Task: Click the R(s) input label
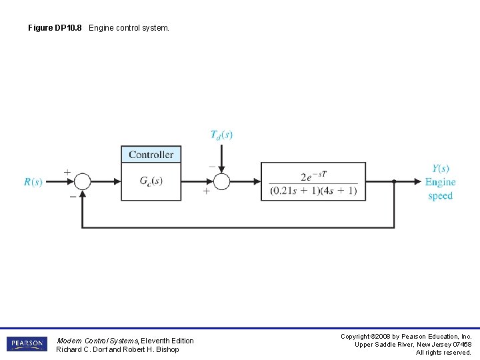click(x=33, y=182)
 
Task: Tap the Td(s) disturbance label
click(x=221, y=135)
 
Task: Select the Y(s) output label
click(x=440, y=169)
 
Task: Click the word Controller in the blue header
click(x=151, y=155)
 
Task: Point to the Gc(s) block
click(x=151, y=181)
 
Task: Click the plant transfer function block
click(x=313, y=181)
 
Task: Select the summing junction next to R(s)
click(x=82, y=181)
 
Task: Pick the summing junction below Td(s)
click(x=221, y=181)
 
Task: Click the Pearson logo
click(x=27, y=344)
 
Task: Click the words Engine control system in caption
click(x=129, y=28)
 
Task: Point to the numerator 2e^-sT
click(x=313, y=176)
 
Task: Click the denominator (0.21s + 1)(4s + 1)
click(x=313, y=191)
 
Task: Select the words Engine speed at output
click(x=440, y=189)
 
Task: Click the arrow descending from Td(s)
click(x=221, y=160)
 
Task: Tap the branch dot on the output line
click(x=394, y=181)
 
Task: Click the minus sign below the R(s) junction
click(x=72, y=196)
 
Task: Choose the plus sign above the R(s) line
click(x=67, y=172)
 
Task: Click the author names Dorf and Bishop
click(x=117, y=349)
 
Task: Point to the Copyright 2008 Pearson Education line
click(x=406, y=337)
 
